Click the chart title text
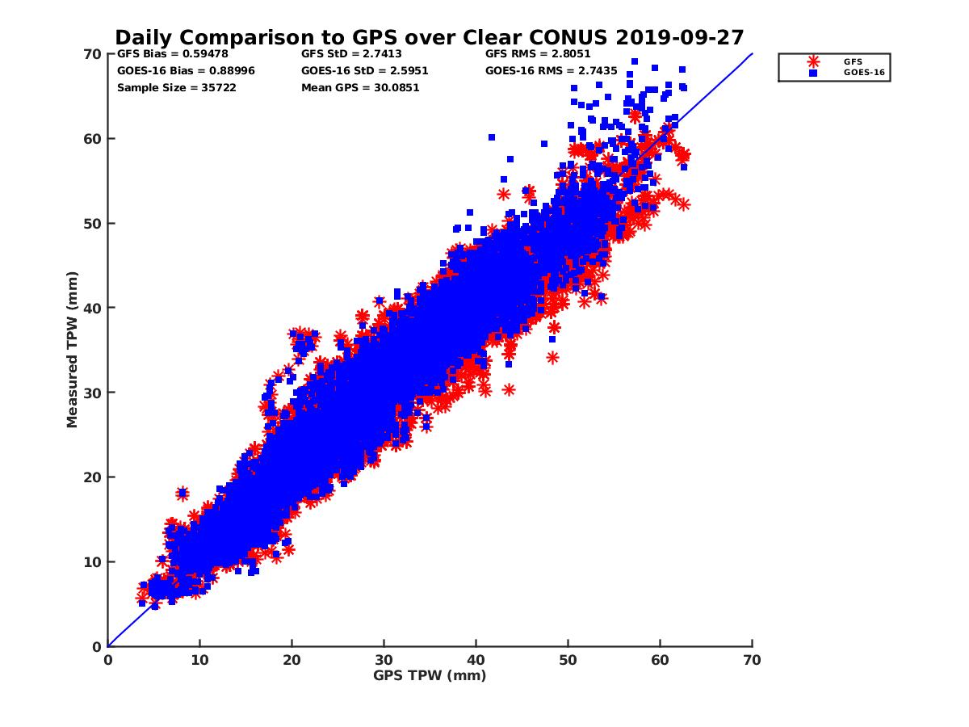pyautogui.click(x=429, y=38)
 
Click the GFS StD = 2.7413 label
pyautogui.click(x=351, y=55)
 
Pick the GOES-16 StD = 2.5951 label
pyautogui.click(x=364, y=71)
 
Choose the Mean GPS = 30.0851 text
pyautogui.click(x=360, y=87)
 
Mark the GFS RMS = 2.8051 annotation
pyautogui.click(x=538, y=55)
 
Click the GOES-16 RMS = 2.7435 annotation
pyautogui.click(x=551, y=71)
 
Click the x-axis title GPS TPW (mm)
pyautogui.click(x=430, y=675)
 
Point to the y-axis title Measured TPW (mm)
pyautogui.click(x=73, y=350)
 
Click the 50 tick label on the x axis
pyautogui.click(x=568, y=660)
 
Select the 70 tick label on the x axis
pyautogui.click(x=752, y=660)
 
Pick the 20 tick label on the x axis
pyautogui.click(x=292, y=660)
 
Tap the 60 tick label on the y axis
pyautogui.click(x=94, y=139)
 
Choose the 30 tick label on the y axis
pyautogui.click(x=94, y=393)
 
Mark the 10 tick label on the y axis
pyautogui.click(x=94, y=562)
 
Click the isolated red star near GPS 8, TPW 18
pyautogui.click(x=182, y=493)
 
